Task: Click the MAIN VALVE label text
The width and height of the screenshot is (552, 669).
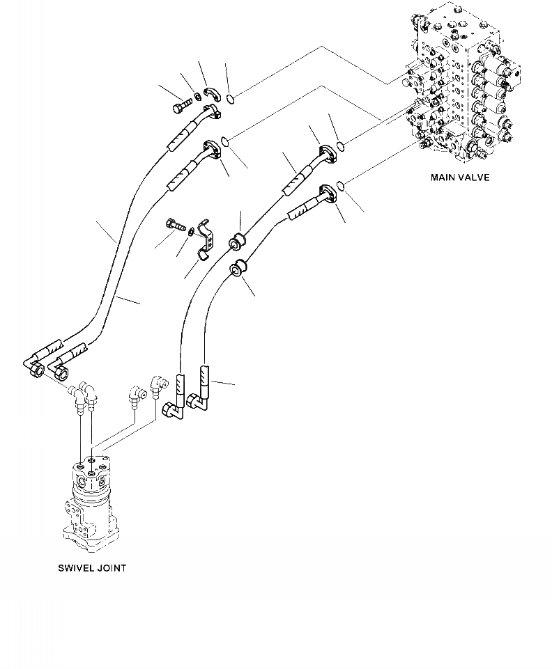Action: pos(459,178)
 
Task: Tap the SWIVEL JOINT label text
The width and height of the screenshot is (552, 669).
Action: pos(92,568)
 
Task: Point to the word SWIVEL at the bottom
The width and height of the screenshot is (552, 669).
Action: pos(75,568)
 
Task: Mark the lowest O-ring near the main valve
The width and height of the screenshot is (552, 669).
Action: pos(340,185)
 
